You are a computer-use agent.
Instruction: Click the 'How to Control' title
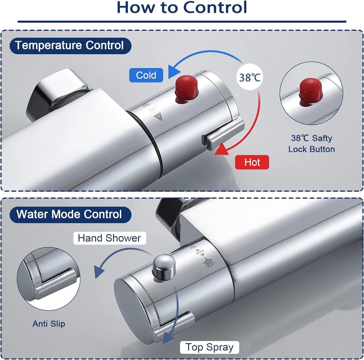[x=182, y=7]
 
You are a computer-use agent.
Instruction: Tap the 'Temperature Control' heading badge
[x=70, y=46]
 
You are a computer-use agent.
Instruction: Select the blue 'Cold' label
[x=146, y=75]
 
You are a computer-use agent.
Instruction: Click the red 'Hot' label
[x=252, y=162]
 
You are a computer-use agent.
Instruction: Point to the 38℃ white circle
[x=250, y=77]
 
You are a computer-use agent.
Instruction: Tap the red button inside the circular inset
[x=311, y=91]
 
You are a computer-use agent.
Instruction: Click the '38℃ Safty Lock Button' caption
[x=312, y=144]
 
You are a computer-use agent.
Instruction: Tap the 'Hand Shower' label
[x=110, y=238]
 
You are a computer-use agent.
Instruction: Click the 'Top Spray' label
[x=210, y=347]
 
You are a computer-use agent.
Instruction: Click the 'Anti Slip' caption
[x=49, y=324]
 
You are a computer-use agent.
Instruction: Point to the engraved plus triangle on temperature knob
[x=158, y=117]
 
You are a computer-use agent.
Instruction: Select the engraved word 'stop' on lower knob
[x=200, y=251]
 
